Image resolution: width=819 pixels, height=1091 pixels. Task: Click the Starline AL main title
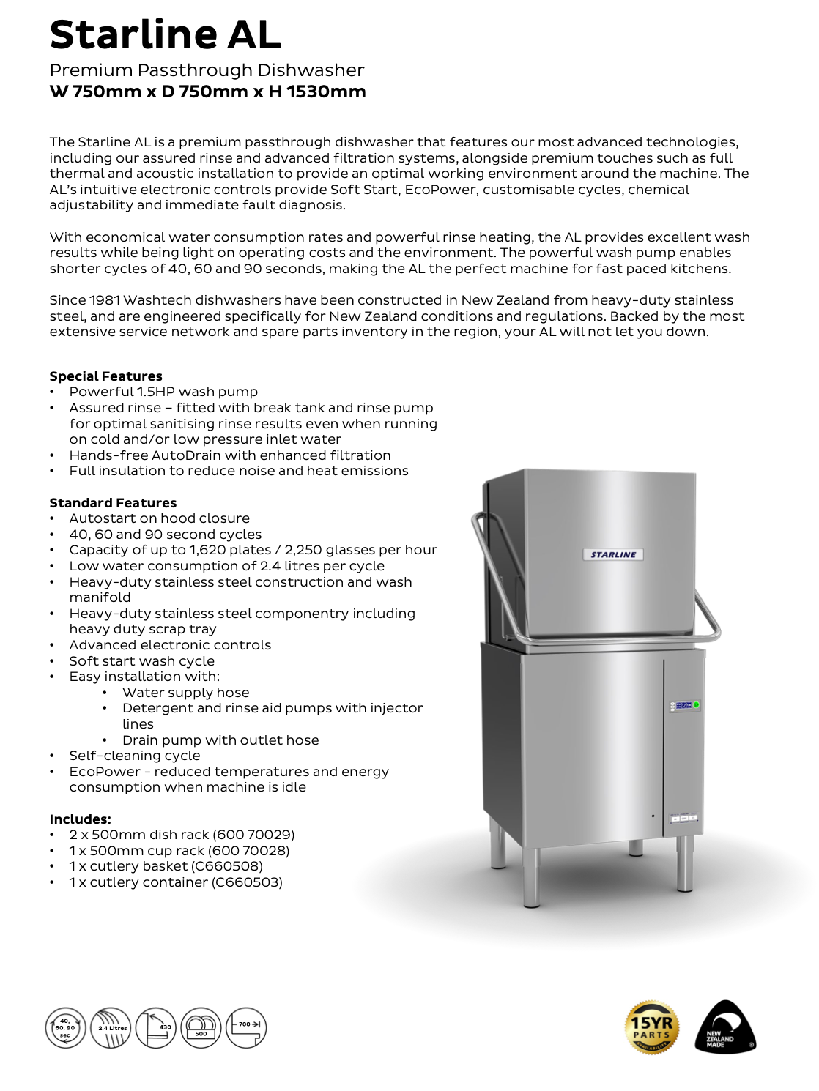point(166,34)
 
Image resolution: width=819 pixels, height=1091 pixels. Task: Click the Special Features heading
point(106,376)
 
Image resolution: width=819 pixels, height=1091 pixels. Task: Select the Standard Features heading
point(113,503)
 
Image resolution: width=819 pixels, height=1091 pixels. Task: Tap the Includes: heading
point(81,819)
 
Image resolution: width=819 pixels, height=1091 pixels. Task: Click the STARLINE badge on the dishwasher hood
point(613,554)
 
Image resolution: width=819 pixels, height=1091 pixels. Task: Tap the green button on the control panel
point(696,705)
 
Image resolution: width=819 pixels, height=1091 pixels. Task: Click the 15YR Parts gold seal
point(652,1027)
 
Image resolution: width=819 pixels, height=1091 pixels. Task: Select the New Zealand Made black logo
point(724,1027)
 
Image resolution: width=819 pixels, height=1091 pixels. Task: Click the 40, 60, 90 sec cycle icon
point(66,1028)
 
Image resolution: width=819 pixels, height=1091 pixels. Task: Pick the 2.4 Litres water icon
point(111,1028)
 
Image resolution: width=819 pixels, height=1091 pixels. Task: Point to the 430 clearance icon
point(156,1028)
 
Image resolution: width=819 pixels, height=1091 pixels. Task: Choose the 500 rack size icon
point(201,1028)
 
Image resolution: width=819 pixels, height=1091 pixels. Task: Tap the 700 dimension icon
point(246,1028)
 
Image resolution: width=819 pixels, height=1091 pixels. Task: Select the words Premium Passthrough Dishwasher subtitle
point(207,70)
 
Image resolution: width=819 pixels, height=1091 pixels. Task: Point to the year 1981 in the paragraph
point(105,300)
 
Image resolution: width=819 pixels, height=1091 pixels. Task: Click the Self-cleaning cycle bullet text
point(135,756)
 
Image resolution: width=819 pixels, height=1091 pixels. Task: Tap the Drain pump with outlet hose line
point(220,740)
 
